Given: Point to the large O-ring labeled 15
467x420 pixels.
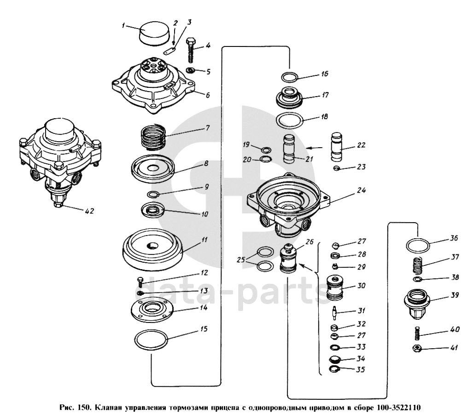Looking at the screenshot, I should tap(151, 341).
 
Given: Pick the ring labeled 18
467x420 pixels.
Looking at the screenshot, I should tap(290, 121).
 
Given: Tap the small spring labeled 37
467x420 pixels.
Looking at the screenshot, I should tap(416, 265).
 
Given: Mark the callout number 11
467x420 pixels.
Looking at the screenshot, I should tap(204, 240).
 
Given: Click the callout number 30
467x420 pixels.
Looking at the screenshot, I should tap(361, 285).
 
